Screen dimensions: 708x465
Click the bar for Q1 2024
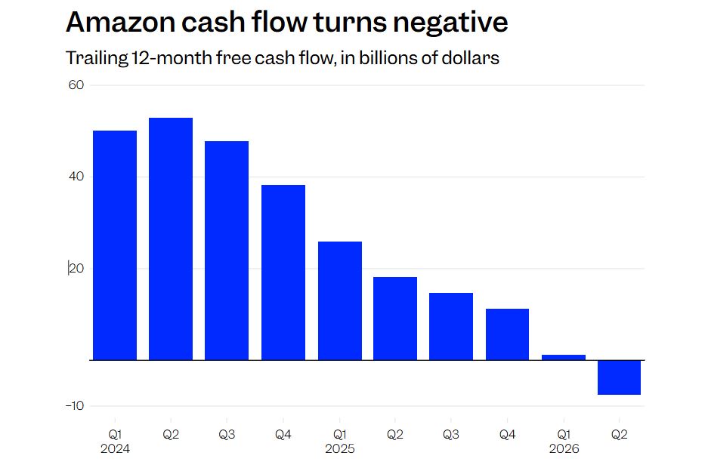(x=115, y=245)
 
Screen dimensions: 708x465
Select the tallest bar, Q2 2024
(x=171, y=239)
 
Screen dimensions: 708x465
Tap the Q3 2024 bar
(x=227, y=251)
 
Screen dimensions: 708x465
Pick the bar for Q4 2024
(x=283, y=273)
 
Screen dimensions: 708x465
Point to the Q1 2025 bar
(x=340, y=301)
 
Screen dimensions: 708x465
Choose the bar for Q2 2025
(x=395, y=319)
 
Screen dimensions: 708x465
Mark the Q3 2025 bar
(x=451, y=327)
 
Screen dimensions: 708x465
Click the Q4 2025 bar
(x=507, y=334)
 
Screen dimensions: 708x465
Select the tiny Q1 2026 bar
(x=564, y=358)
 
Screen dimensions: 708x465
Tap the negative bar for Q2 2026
(x=619, y=377)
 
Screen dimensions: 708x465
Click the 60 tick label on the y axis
(x=76, y=85)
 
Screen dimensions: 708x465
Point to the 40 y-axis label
(x=76, y=177)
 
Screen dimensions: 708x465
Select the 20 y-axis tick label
(x=76, y=268)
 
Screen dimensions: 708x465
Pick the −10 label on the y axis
(x=75, y=406)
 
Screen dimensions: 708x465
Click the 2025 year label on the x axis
(x=340, y=448)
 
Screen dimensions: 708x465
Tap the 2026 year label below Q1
(x=564, y=448)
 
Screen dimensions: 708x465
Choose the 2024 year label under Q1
(x=115, y=448)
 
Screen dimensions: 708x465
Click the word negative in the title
(x=450, y=22)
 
